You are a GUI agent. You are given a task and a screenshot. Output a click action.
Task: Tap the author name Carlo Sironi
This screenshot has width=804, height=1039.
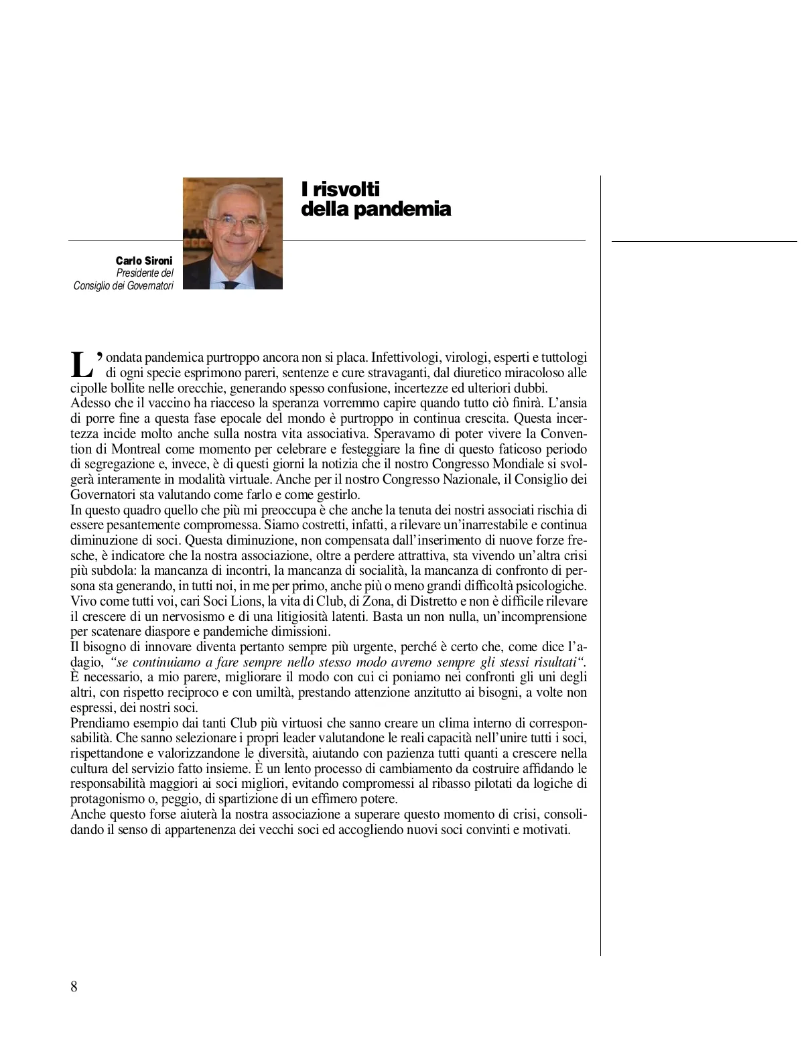point(144,261)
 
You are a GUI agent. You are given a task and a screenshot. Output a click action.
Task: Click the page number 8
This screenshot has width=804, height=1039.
point(74,987)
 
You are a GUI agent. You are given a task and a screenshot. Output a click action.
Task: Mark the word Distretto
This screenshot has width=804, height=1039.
point(427,602)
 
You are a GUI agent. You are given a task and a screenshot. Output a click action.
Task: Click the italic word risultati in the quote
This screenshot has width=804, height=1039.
point(552,663)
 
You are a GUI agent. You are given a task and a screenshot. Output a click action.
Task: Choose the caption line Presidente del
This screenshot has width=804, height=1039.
point(145,273)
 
